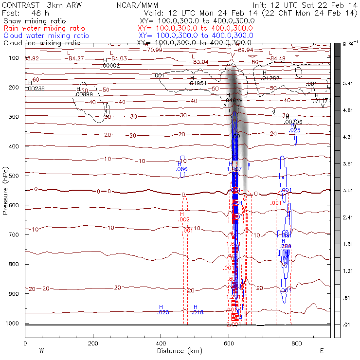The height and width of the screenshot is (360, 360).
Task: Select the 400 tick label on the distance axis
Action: (161, 343)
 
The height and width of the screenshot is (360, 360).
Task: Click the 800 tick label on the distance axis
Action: (296, 343)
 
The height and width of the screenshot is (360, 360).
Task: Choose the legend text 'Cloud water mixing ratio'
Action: (46, 36)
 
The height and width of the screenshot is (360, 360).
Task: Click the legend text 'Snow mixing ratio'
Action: (36, 21)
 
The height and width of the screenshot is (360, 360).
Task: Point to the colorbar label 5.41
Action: (347, 84)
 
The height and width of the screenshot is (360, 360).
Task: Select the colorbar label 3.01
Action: (347, 191)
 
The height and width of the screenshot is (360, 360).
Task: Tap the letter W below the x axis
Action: (41, 350)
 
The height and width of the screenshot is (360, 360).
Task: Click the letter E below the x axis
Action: (322, 350)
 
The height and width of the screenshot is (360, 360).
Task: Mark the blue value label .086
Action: (181, 169)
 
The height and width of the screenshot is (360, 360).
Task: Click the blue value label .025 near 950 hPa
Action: (163, 312)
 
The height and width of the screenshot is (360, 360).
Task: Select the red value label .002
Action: (184, 220)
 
